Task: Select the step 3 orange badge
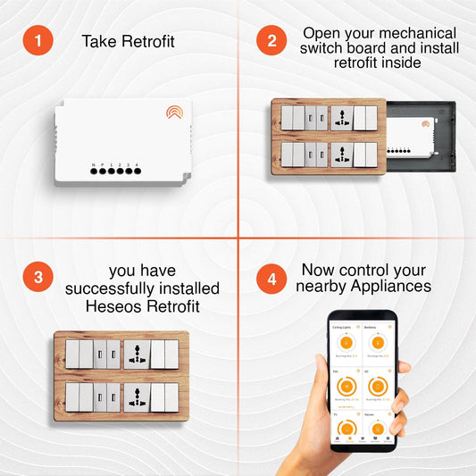coord(38,277)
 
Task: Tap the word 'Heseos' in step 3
coord(110,307)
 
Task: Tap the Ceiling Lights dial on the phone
coord(347,343)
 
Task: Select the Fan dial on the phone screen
coord(347,387)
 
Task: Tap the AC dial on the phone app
coord(377,387)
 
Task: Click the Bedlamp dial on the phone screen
coord(377,343)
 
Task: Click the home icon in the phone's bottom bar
coord(337,439)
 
